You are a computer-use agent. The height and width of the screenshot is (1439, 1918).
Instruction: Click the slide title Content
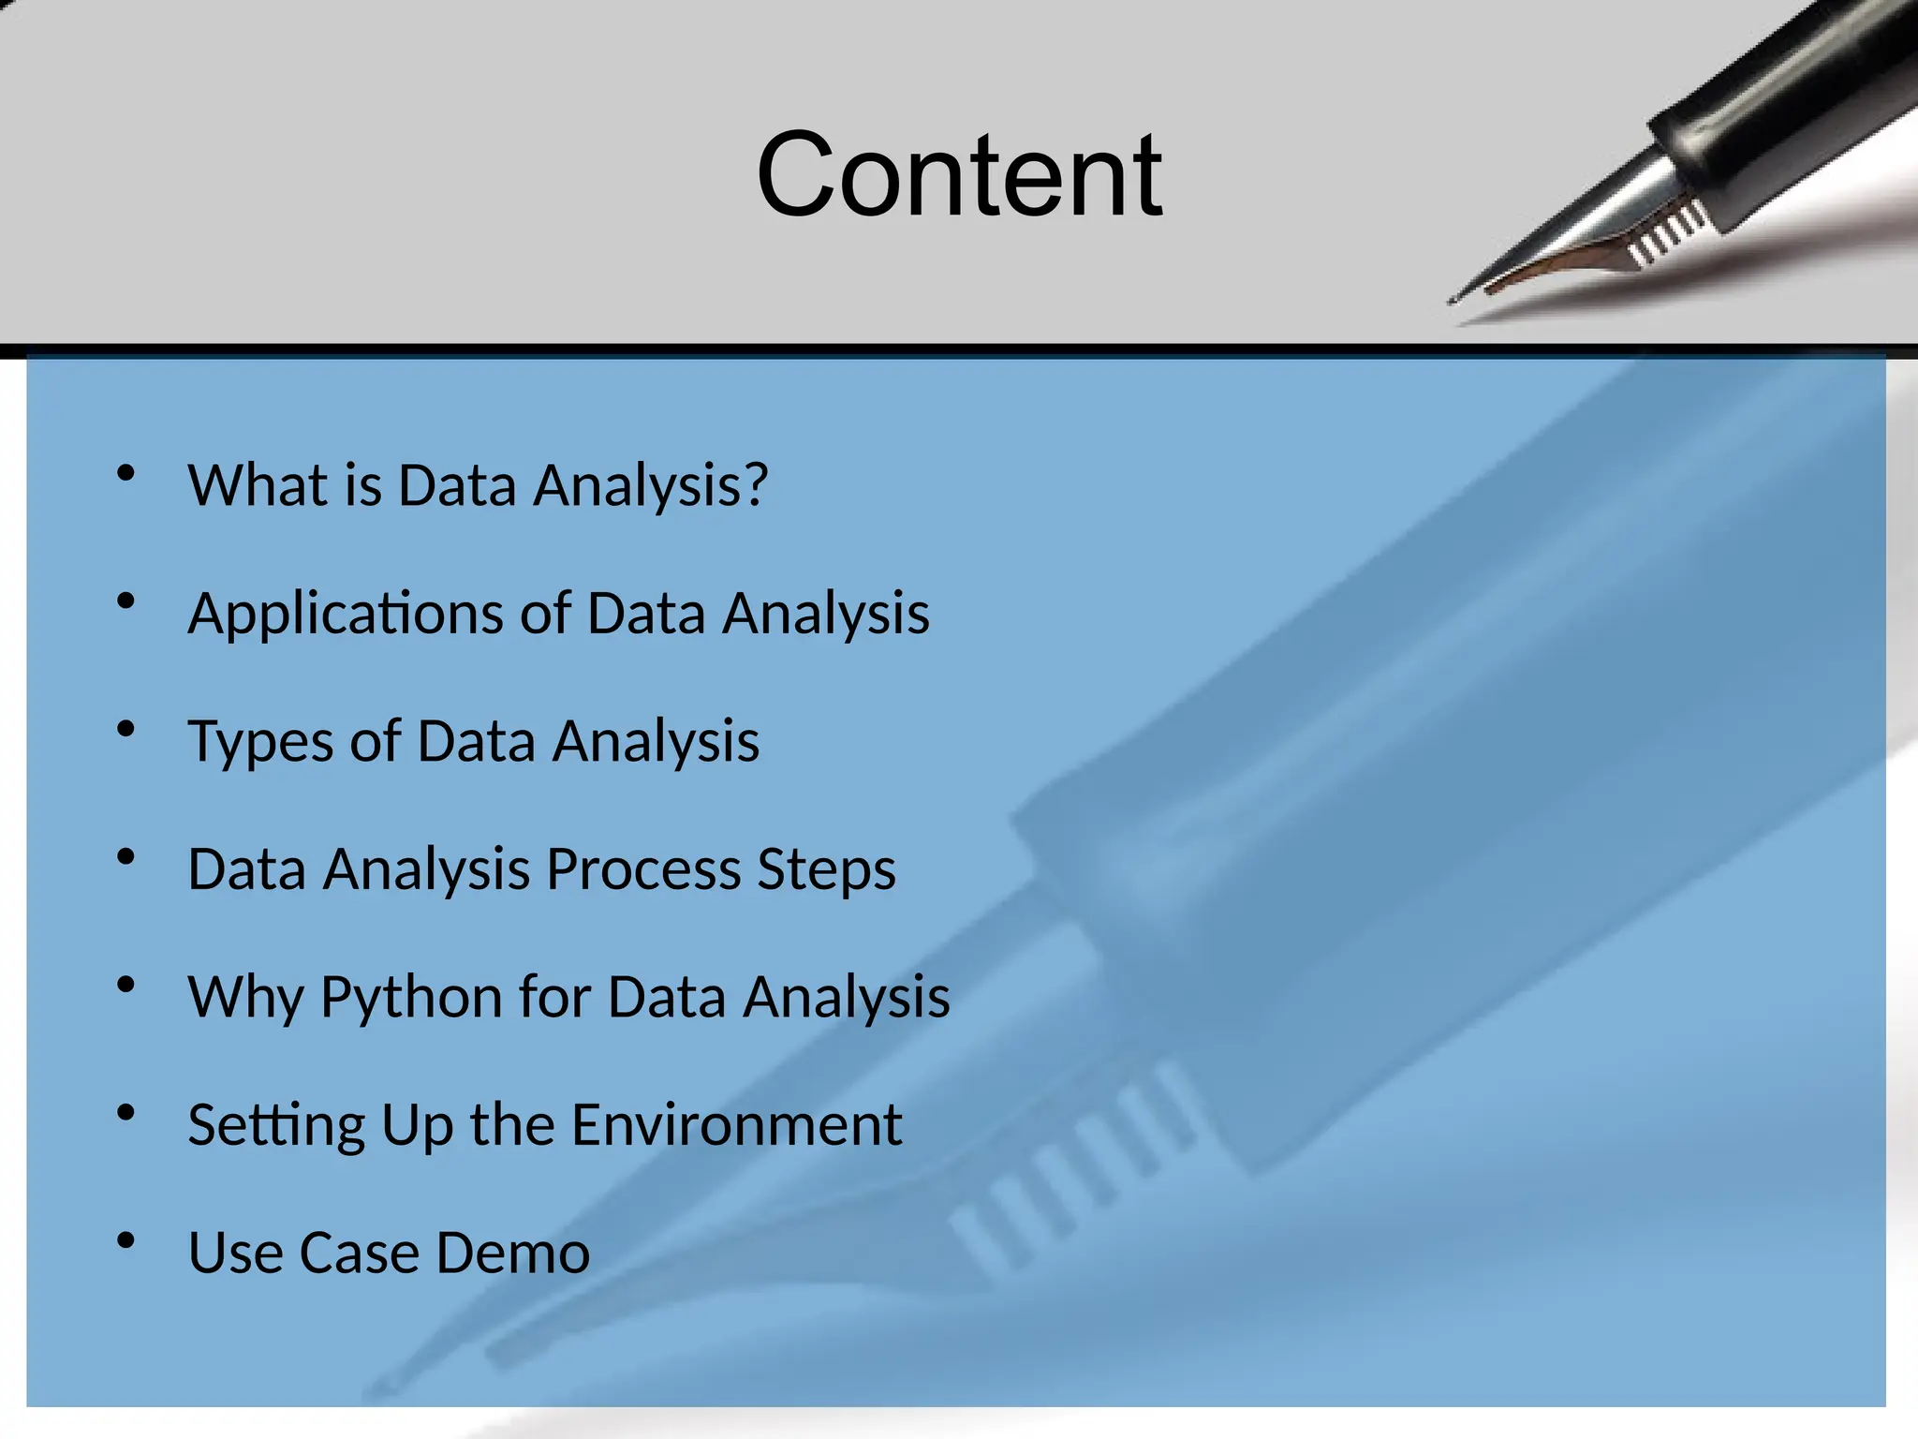click(x=959, y=175)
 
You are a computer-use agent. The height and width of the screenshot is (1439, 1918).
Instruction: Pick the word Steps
click(x=826, y=869)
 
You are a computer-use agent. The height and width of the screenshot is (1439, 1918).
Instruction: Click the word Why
click(x=245, y=997)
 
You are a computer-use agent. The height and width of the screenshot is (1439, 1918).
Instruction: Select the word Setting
click(x=276, y=1125)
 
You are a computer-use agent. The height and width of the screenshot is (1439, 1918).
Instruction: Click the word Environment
click(x=736, y=1124)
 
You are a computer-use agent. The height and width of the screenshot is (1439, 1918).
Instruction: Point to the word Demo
click(x=512, y=1253)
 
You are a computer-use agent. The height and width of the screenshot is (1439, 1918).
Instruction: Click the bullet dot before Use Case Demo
click(x=126, y=1241)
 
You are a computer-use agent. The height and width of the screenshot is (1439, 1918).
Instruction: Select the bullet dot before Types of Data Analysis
click(x=126, y=730)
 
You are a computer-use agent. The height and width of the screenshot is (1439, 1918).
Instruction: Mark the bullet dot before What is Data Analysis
click(x=126, y=474)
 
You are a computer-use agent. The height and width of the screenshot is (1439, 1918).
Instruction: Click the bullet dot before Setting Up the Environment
click(x=126, y=1113)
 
